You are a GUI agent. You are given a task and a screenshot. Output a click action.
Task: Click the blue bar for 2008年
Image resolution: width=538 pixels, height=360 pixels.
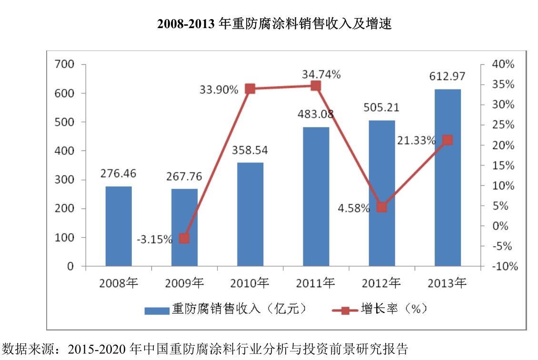pyautogui.click(x=119, y=226)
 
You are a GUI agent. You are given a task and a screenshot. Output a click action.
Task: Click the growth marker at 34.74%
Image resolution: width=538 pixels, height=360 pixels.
pyautogui.click(x=316, y=86)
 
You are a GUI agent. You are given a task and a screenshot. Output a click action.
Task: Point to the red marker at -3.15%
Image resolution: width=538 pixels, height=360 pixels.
pyautogui.click(x=184, y=239)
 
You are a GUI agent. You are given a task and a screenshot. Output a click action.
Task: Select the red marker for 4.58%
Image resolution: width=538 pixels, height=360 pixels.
pyautogui.click(x=381, y=207)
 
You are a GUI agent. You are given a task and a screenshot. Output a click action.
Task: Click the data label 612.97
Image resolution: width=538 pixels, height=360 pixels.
pyautogui.click(x=447, y=76)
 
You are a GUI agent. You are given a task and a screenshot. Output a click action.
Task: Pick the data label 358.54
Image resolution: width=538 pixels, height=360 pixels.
pyautogui.click(x=250, y=150)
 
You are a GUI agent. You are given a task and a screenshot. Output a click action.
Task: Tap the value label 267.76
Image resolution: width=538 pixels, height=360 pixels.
pyautogui.click(x=184, y=176)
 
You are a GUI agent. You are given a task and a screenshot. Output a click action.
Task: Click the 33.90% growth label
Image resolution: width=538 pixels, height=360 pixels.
pyautogui.click(x=219, y=89)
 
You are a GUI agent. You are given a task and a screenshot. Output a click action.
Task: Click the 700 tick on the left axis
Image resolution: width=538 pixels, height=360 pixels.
pyautogui.click(x=65, y=64)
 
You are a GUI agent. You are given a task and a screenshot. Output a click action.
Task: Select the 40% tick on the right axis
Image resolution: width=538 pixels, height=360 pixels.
pyautogui.click(x=503, y=64)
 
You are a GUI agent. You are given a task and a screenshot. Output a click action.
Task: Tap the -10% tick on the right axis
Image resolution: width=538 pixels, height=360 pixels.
pyautogui.click(x=503, y=267)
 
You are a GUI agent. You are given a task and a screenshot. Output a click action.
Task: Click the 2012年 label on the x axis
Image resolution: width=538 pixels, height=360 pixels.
pyautogui.click(x=381, y=283)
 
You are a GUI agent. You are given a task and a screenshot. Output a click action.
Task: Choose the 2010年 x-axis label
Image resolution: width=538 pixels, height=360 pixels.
pyautogui.click(x=249, y=283)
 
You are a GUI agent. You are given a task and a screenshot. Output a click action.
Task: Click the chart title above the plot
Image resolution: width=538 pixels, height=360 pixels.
pyautogui.click(x=274, y=24)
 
